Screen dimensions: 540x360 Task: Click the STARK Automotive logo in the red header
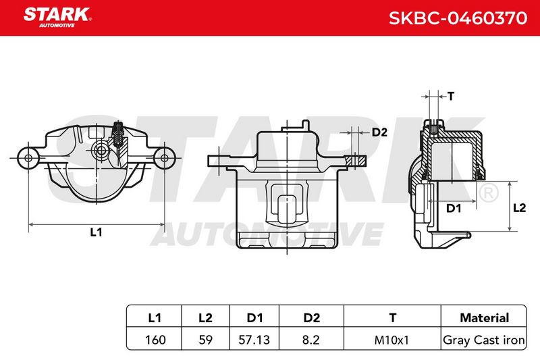[57, 18]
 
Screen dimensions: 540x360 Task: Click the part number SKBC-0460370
[458, 18]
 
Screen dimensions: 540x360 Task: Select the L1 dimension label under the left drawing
[96, 232]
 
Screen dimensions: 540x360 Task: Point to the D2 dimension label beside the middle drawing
[379, 132]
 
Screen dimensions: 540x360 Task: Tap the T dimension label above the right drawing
[451, 96]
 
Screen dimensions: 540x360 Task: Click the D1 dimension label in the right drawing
[453, 208]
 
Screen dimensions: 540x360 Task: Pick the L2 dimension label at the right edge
[519, 208]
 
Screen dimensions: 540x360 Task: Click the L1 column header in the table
[155, 317]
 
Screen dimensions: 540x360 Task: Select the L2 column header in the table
[206, 317]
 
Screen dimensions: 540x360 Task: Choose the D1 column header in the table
[255, 317]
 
